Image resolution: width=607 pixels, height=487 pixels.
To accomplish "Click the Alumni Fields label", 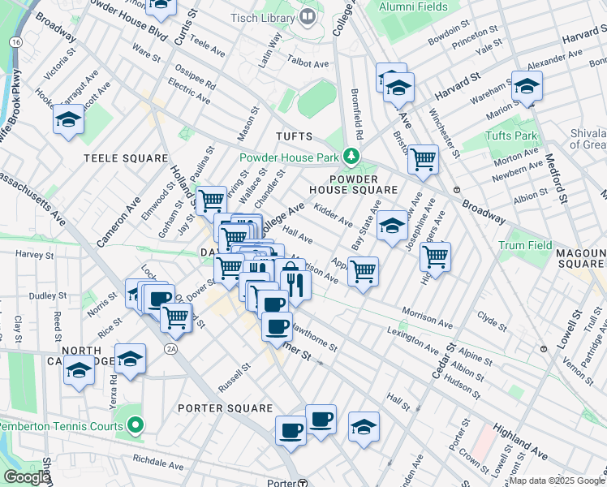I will pyautogui.click(x=415, y=6).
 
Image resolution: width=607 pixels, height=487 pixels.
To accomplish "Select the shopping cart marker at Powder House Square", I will pyautogui.click(x=423, y=160).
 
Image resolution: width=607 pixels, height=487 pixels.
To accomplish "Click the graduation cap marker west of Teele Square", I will pyautogui.click(x=68, y=120).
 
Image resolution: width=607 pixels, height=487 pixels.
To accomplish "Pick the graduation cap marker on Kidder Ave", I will pyautogui.click(x=392, y=225).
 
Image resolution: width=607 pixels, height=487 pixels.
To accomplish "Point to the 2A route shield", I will pyautogui.click(x=170, y=349).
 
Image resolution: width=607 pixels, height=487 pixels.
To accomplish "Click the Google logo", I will pyautogui.click(x=27, y=477).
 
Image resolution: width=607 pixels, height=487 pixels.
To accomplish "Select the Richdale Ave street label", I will pyautogui.click(x=159, y=464).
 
